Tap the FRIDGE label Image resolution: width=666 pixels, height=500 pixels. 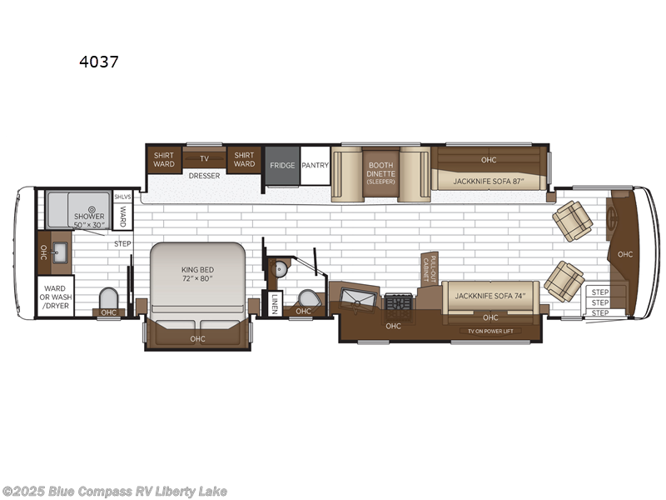(x=282, y=165)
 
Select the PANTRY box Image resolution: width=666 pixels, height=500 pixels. (x=316, y=165)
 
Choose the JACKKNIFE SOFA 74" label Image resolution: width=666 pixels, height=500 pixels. (x=490, y=296)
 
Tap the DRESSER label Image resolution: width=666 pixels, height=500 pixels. (x=204, y=176)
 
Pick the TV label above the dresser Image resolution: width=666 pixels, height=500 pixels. (x=204, y=158)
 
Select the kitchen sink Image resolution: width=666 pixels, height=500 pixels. (x=358, y=297)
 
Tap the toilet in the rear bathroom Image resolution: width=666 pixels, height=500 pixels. (x=107, y=298)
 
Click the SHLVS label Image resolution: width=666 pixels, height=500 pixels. (x=122, y=197)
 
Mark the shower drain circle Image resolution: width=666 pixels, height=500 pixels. (x=93, y=210)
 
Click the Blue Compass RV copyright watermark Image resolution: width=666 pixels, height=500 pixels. (x=114, y=492)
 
